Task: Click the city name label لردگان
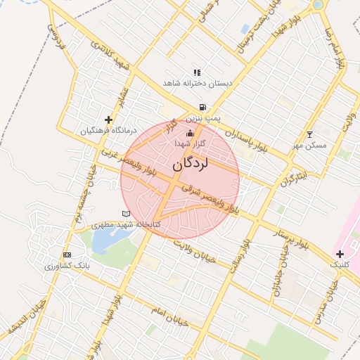190,165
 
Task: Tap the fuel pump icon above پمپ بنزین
202,108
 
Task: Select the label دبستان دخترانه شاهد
197,83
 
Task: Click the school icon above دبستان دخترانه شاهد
197,72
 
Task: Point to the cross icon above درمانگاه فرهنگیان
108,120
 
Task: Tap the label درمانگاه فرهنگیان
107,131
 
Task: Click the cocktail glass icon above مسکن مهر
310,134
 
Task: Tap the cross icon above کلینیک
340,254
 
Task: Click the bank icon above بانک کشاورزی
67,255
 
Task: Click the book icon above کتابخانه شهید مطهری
126,213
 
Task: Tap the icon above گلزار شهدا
188,133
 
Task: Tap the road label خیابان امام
169,314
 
